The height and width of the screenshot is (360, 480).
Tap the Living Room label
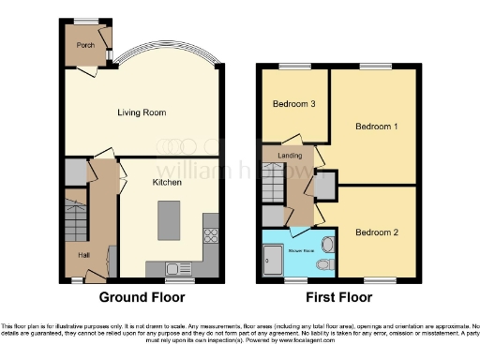coord(142,112)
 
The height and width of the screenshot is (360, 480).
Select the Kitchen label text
coord(167,183)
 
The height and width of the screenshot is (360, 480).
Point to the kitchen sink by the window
coord(176,269)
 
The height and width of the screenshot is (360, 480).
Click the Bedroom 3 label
coord(293,104)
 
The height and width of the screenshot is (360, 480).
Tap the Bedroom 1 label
coord(373,125)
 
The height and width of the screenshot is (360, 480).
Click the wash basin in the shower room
coord(327,244)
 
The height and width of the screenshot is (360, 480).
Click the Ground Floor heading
coord(142,297)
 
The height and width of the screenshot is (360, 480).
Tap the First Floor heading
coord(338,297)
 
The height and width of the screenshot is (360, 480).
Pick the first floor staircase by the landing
coord(273,187)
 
